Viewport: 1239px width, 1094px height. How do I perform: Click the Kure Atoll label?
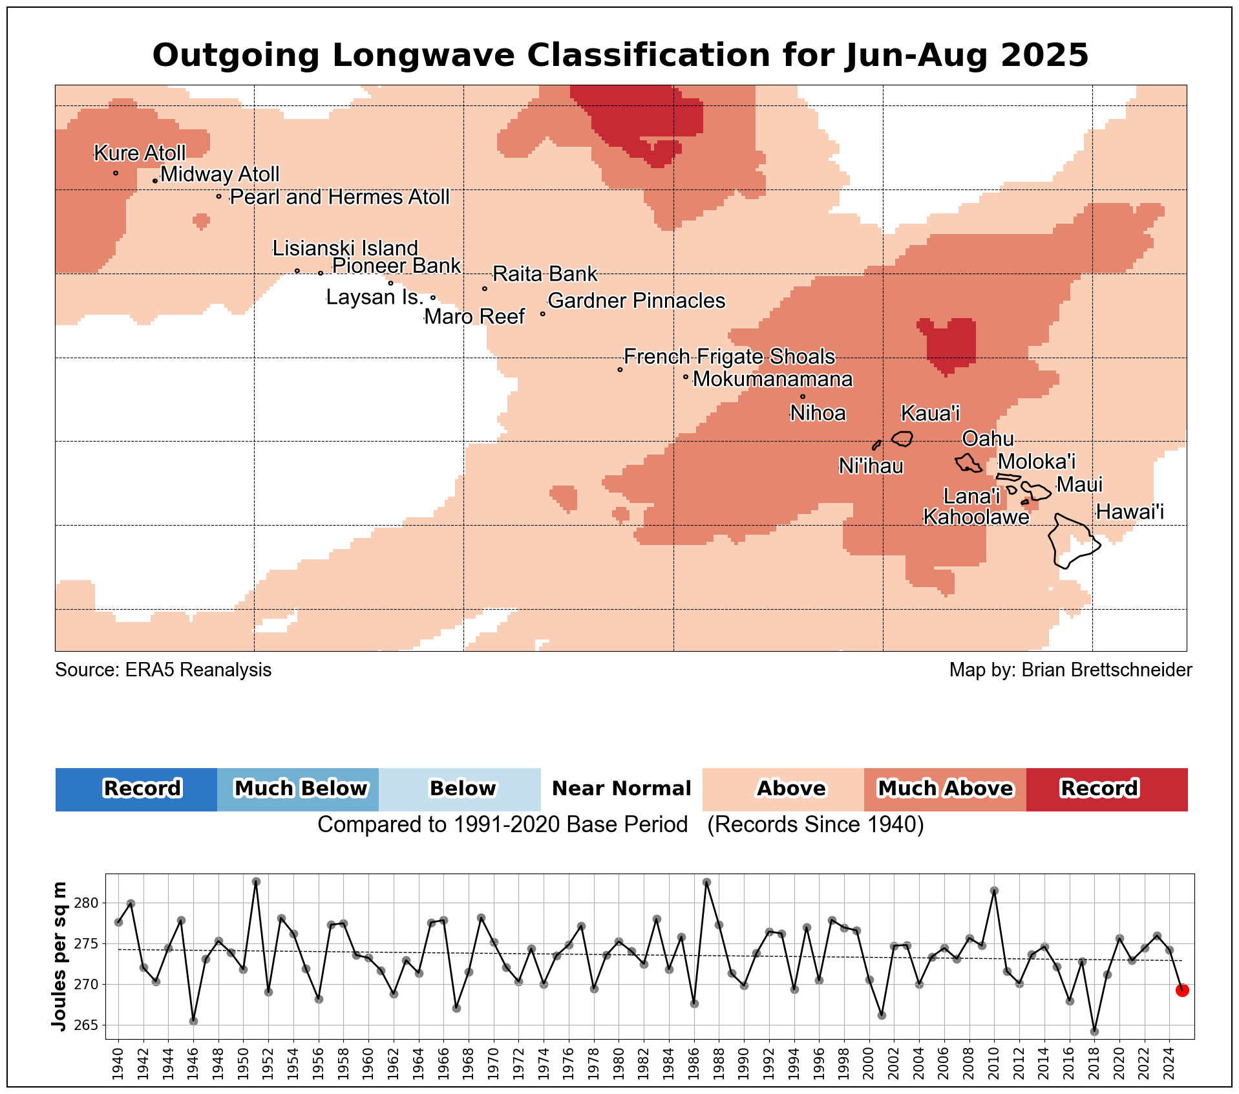pos(140,153)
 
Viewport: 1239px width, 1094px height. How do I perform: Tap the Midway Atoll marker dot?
pos(155,181)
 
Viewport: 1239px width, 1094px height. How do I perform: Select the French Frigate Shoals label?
pos(729,357)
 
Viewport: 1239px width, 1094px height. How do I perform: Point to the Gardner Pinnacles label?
pos(636,301)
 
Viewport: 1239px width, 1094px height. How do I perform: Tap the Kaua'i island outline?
pos(902,439)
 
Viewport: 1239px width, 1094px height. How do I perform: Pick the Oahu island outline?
pos(969,463)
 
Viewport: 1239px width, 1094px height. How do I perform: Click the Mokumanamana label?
pos(772,379)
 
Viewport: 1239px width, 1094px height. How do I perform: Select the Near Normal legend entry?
pos(621,789)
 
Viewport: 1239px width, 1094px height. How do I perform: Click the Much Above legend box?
pos(945,789)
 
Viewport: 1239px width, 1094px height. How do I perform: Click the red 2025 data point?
pos(1182,990)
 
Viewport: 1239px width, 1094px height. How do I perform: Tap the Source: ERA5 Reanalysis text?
pos(163,670)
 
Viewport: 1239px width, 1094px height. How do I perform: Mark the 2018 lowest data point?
pos(1094,1031)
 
